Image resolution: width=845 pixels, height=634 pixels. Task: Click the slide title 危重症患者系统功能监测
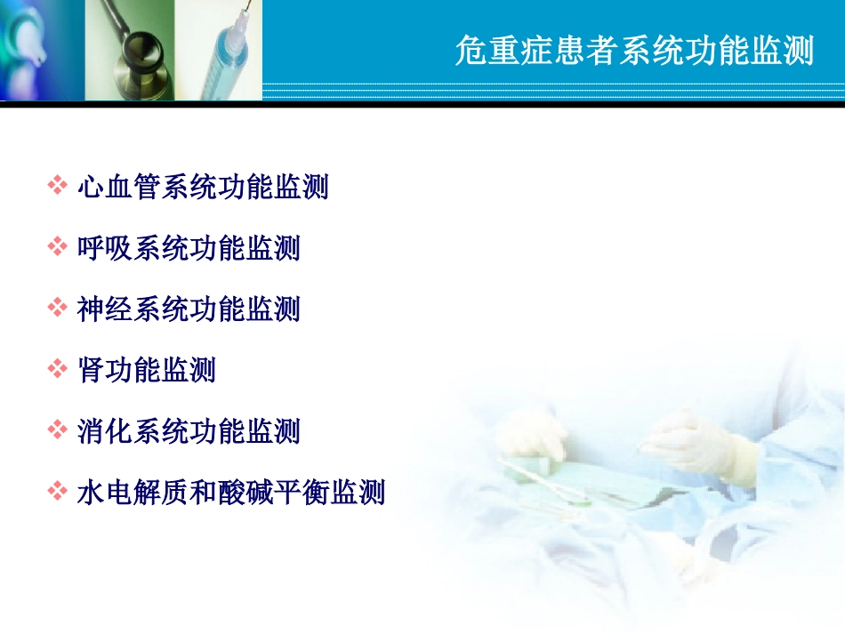(633, 52)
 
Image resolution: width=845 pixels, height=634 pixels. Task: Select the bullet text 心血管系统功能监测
(204, 187)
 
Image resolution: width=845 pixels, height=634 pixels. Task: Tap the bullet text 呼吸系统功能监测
(189, 248)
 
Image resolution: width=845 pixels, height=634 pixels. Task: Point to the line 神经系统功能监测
(189, 309)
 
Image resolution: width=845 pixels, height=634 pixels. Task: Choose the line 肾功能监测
(147, 370)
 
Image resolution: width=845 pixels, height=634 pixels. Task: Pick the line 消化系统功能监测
(189, 431)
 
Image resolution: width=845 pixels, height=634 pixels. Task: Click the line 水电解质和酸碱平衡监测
(231, 492)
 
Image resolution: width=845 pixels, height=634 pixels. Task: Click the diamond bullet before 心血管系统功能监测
(58, 186)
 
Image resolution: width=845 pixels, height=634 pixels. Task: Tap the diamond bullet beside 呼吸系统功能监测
(58, 247)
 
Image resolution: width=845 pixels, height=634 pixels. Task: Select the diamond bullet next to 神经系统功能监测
(58, 308)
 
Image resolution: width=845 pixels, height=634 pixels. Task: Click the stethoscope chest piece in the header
(142, 49)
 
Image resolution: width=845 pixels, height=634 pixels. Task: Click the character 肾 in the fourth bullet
(91, 370)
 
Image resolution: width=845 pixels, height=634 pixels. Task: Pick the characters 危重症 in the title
(497, 52)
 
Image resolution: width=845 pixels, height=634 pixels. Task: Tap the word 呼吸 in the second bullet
(106, 248)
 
